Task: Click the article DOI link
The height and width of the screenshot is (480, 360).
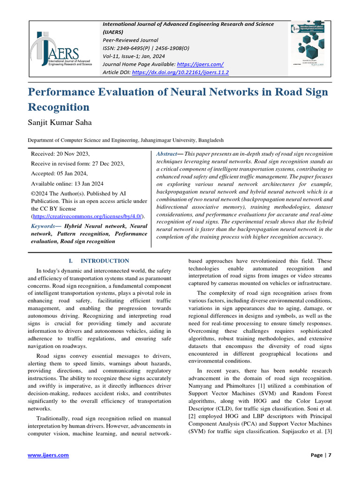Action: point(180,73)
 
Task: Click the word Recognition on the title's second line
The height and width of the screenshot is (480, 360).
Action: point(59,107)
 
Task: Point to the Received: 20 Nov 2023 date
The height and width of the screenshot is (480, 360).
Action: point(60,154)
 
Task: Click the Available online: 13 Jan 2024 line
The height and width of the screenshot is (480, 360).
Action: point(67,184)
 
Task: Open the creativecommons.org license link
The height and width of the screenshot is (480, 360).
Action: point(87,216)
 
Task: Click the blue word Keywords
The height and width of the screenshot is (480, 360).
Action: point(45,226)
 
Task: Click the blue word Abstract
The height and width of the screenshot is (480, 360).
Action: point(166,154)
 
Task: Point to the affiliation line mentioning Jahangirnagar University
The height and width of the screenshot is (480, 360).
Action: point(125,140)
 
